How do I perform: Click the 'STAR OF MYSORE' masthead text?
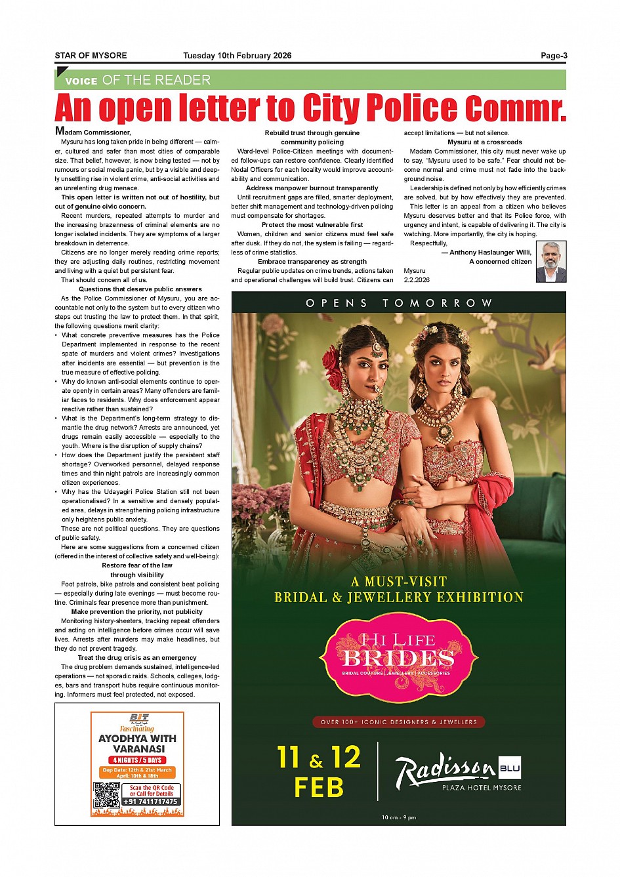point(91,56)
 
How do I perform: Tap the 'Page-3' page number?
point(554,56)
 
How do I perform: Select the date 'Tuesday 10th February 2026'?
point(237,56)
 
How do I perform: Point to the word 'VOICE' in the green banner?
point(81,81)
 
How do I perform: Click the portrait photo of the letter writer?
point(550,261)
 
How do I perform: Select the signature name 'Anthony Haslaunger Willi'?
point(490,253)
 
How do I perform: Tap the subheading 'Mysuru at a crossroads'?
point(485,142)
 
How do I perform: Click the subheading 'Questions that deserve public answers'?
point(140,289)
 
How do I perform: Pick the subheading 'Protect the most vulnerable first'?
point(312,225)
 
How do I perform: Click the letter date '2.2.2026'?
point(417,280)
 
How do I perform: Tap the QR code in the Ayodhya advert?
point(106,794)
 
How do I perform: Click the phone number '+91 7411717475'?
point(151,802)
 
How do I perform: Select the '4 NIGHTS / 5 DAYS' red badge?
point(137,760)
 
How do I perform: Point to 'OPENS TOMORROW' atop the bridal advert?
point(398,303)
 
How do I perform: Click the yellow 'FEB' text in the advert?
point(319,787)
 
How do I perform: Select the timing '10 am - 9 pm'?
point(398,817)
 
